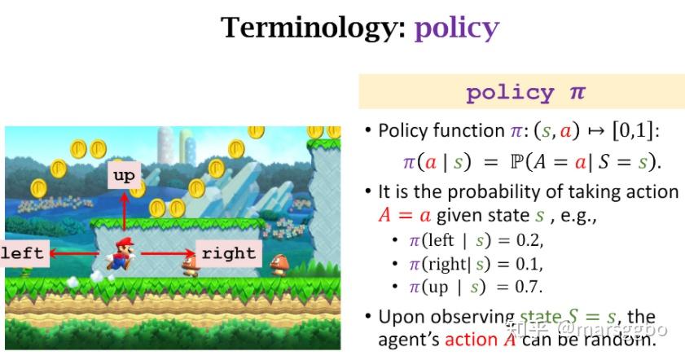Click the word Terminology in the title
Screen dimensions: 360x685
[x=313, y=28]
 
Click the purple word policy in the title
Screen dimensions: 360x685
[x=456, y=29]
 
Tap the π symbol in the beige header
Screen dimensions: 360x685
[x=577, y=92]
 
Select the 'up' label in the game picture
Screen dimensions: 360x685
[x=124, y=174]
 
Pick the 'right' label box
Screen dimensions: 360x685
[x=229, y=252]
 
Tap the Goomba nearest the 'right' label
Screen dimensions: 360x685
[x=191, y=261]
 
